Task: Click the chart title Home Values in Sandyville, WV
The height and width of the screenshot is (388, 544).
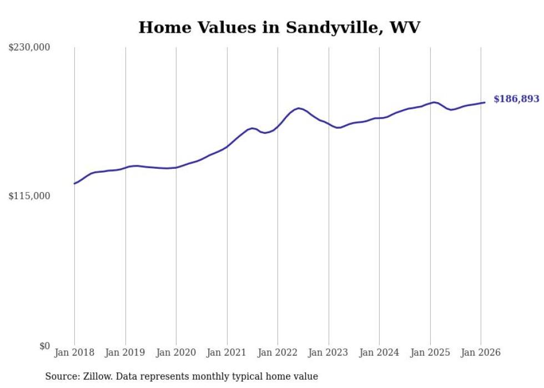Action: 279,27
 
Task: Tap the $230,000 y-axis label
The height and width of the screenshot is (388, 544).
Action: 29,48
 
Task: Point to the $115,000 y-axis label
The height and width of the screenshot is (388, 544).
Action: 29,196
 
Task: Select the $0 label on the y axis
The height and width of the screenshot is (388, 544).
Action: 44,346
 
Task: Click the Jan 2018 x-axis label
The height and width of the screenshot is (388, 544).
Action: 74,352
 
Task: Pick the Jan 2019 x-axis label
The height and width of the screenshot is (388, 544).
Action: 125,352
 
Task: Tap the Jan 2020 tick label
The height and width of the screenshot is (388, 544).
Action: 176,352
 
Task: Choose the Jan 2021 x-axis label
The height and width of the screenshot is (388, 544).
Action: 227,352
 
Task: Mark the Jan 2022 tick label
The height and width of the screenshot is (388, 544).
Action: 278,352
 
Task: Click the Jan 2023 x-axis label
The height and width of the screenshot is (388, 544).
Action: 329,352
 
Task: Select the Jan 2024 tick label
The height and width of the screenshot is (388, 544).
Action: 379,352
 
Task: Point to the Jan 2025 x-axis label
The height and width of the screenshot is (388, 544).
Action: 430,352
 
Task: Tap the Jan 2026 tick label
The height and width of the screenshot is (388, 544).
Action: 481,352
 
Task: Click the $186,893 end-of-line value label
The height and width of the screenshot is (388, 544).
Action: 516,99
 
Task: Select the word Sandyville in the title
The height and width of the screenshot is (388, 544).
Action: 333,27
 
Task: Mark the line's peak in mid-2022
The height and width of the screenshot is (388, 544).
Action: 299,108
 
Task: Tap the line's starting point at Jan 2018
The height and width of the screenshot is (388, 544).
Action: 74,183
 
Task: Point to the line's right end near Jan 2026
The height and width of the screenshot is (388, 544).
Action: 485,102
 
